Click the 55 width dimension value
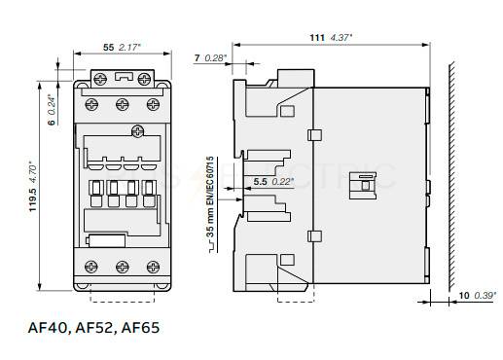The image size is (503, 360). click(109, 48)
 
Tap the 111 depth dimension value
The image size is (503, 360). click(317, 38)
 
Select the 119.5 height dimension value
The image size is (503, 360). click(33, 199)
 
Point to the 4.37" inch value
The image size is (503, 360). click(341, 38)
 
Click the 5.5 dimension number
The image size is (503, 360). click(260, 182)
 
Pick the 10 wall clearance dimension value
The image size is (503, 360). click(464, 296)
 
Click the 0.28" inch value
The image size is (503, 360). click(216, 58)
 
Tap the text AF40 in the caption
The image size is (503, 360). click(48, 328)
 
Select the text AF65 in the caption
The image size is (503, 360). click(140, 328)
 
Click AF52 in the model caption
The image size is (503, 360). click(94, 328)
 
